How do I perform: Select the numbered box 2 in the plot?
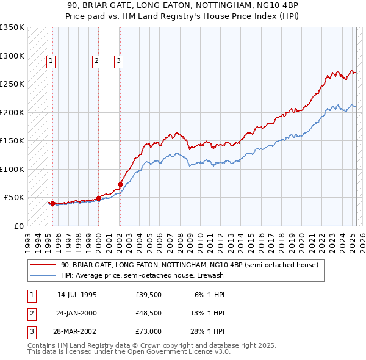96,60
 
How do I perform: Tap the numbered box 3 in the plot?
118,60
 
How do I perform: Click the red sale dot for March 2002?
120,184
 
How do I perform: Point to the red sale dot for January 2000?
98,198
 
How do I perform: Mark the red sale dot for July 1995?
52,203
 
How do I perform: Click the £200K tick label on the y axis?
12,112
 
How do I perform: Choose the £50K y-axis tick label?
14,198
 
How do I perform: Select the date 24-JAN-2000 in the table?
77,313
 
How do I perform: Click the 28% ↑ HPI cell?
208,331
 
